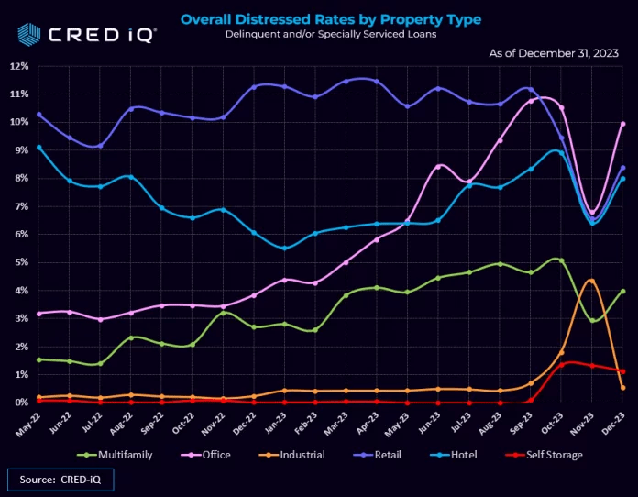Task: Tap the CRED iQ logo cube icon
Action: tap(27, 33)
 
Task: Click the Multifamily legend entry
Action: tap(113, 453)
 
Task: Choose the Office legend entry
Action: tap(205, 453)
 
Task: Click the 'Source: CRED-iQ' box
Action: tap(60, 479)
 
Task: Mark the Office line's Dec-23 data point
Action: tap(622, 124)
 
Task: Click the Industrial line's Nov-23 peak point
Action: tap(592, 281)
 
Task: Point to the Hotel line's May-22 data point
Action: tap(38, 147)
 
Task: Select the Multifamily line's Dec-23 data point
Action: tap(622, 292)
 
